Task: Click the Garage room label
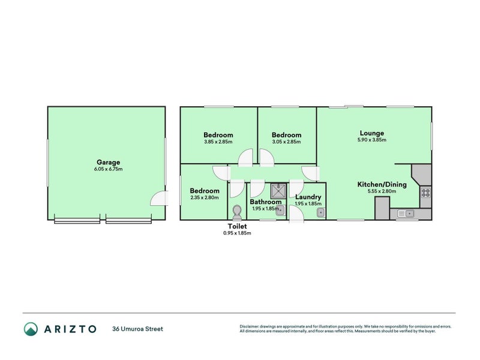[x=108, y=162]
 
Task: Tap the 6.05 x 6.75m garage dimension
[x=109, y=169]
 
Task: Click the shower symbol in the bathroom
[x=278, y=191]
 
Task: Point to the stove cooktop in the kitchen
[x=426, y=193]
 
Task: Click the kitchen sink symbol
[x=406, y=214]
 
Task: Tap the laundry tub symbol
[x=320, y=212]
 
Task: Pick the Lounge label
[x=371, y=133]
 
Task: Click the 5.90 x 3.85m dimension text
[x=371, y=140]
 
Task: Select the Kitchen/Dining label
[x=382, y=184]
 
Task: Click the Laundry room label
[x=308, y=197]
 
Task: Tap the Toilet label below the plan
[x=237, y=226]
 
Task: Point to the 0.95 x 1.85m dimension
[x=237, y=233]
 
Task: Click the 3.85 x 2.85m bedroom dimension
[x=218, y=142]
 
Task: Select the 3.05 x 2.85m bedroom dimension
[x=287, y=142]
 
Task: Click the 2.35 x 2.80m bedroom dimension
[x=205, y=197]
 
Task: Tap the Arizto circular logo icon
[x=31, y=329]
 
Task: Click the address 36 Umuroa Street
[x=138, y=329]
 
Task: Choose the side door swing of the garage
[x=159, y=198]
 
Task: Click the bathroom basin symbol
[x=280, y=211]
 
